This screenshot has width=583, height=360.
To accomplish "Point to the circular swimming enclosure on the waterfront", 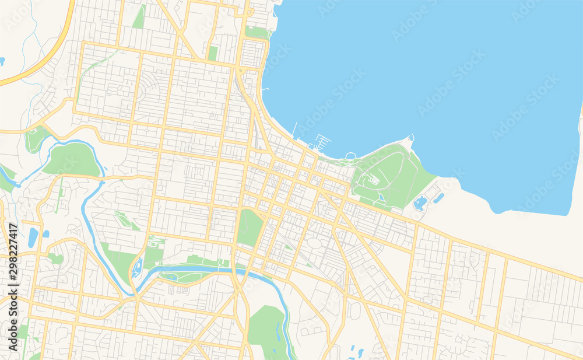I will [350, 156].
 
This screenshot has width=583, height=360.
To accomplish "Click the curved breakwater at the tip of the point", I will [409, 140].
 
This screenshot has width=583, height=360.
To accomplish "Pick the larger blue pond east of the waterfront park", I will [420, 204].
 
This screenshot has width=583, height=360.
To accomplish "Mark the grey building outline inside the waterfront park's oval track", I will [374, 180].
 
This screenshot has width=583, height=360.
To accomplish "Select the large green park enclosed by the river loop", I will [73, 160].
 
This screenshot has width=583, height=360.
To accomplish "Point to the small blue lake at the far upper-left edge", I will [2, 61].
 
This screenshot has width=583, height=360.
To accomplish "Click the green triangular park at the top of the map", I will [139, 18].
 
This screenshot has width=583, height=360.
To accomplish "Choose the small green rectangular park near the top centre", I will [213, 53].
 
